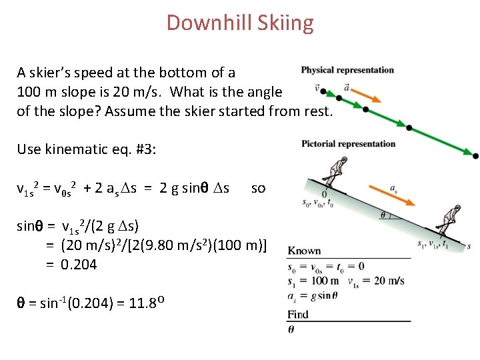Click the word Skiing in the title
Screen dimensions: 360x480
[x=287, y=23]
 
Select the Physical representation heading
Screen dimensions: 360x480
[x=347, y=70]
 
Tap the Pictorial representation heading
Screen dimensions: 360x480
[x=348, y=143]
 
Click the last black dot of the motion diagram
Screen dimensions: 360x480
[x=475, y=156]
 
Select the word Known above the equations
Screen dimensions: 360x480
[x=305, y=251]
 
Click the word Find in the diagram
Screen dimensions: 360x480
[x=299, y=314]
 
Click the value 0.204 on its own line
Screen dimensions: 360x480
[x=79, y=265]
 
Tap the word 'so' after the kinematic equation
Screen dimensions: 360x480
[x=258, y=188]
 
